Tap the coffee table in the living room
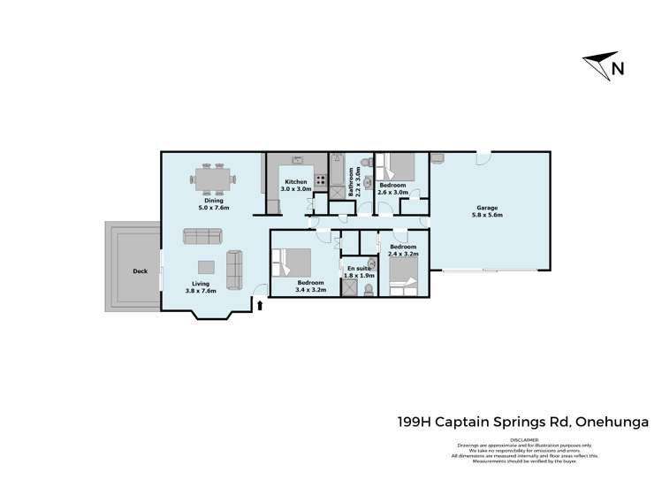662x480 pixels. (x=205, y=267)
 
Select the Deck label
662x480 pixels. (x=139, y=271)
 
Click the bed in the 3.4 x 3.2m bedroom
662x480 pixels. (x=293, y=262)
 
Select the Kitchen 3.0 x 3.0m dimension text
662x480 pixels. (x=295, y=186)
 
